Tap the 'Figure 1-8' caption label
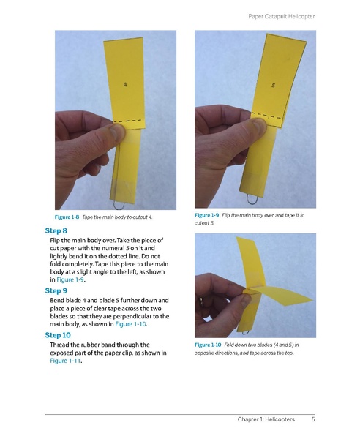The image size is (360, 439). click(x=67, y=218)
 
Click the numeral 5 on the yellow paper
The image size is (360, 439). click(x=273, y=85)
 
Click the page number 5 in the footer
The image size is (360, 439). click(x=313, y=419)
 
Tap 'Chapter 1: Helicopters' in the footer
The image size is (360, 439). click(x=266, y=419)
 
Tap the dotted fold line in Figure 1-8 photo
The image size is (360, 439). click(x=129, y=119)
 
